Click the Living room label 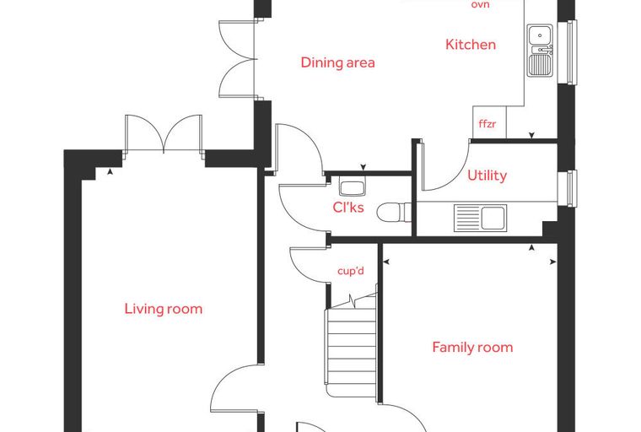(164, 309)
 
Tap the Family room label (472, 348)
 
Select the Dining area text (337, 62)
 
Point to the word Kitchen (471, 44)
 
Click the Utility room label (487, 175)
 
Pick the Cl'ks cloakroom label (348, 207)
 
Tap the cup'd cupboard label (351, 271)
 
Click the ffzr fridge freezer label (487, 123)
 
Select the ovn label (481, 4)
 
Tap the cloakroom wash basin (352, 188)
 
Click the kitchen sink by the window (540, 51)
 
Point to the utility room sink (481, 218)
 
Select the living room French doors (164, 135)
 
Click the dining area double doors (238, 59)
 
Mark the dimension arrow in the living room (110, 172)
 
